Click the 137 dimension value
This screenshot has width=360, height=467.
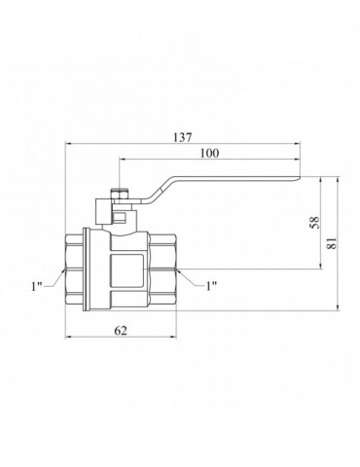pyautogui.click(x=183, y=137)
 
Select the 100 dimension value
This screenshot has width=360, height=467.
pyautogui.click(x=209, y=153)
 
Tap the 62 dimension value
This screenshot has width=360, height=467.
pyautogui.click(x=121, y=331)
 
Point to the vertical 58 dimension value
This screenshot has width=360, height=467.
pyautogui.click(x=314, y=223)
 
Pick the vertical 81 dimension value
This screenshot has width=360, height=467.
pyautogui.click(x=332, y=243)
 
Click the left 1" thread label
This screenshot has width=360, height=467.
pyautogui.click(x=37, y=286)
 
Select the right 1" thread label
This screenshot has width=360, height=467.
pyautogui.click(x=211, y=286)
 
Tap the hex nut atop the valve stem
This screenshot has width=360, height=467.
pyautogui.click(x=120, y=195)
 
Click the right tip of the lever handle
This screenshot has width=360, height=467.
pyautogui.click(x=301, y=177)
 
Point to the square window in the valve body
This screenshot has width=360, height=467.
pyautogui.click(x=126, y=270)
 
